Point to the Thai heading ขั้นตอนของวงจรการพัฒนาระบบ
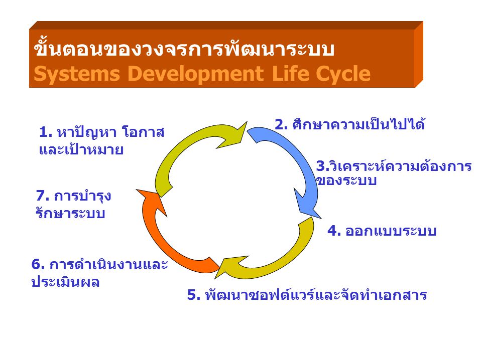(184, 51)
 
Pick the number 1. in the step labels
(45, 133)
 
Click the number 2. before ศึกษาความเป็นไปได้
(281, 124)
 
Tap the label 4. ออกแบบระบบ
(382, 231)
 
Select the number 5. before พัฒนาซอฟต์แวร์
(193, 295)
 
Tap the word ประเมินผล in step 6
(65, 282)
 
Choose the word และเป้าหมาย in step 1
(81, 150)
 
